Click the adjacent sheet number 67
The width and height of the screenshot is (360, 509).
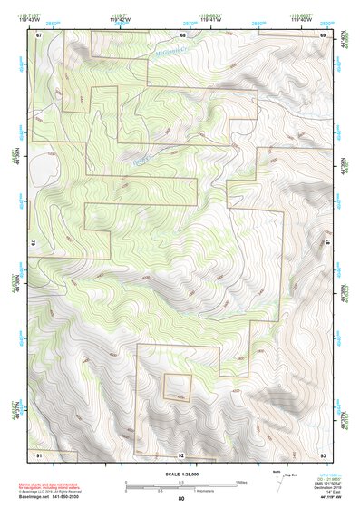click(39, 35)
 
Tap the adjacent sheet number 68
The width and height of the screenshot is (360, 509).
click(181, 35)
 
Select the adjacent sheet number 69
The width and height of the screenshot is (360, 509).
click(323, 35)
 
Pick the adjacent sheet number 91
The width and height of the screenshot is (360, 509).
click(39, 452)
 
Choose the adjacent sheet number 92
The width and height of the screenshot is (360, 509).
click(181, 453)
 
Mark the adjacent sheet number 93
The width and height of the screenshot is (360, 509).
click(323, 452)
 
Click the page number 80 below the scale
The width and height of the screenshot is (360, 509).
click(181, 499)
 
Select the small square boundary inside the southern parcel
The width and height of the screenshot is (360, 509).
click(178, 387)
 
